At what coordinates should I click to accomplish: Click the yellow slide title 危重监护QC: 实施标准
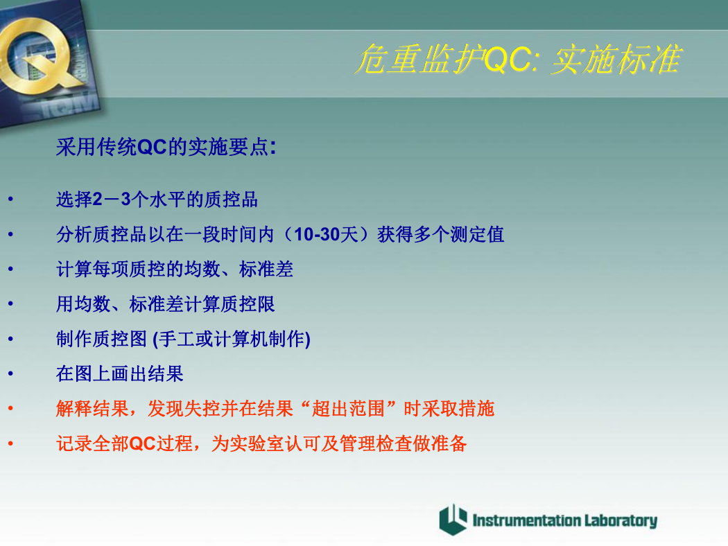tap(518, 59)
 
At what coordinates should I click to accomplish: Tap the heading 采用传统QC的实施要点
tap(166, 147)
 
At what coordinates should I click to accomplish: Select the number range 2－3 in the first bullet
tap(112, 200)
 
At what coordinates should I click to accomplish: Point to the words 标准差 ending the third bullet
tap(266, 269)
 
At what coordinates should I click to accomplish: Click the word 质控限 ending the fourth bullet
tap(248, 304)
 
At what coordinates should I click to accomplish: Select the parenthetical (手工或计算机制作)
tap(231, 339)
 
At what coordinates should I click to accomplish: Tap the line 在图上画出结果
tap(120, 373)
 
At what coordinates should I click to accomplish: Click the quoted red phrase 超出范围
tap(348, 408)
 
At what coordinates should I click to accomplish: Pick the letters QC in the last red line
tap(142, 443)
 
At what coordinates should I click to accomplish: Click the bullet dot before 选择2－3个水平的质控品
tap(10, 200)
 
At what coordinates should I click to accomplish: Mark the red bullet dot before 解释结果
tap(10, 409)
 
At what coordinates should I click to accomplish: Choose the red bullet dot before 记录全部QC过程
tap(10, 443)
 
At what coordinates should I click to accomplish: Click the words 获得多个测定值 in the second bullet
tap(440, 234)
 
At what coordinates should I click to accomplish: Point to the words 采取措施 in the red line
tap(458, 408)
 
